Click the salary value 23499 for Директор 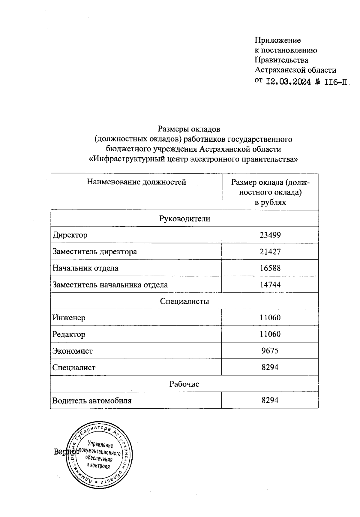[270, 235]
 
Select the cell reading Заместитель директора [94, 252]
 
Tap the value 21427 [270, 252]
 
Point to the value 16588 [270, 268]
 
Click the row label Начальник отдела [85, 268]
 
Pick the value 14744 [270, 285]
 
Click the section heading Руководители [184, 219]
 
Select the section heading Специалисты [184, 301]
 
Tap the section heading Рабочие [184, 384]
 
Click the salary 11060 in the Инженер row [270, 318]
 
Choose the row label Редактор [69, 334]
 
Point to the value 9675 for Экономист [270, 351]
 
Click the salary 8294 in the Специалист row [270, 367]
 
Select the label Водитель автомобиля [92, 401]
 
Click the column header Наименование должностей [136, 182]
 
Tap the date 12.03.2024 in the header [288, 82]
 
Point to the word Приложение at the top [277, 40]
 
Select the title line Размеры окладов [189, 129]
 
